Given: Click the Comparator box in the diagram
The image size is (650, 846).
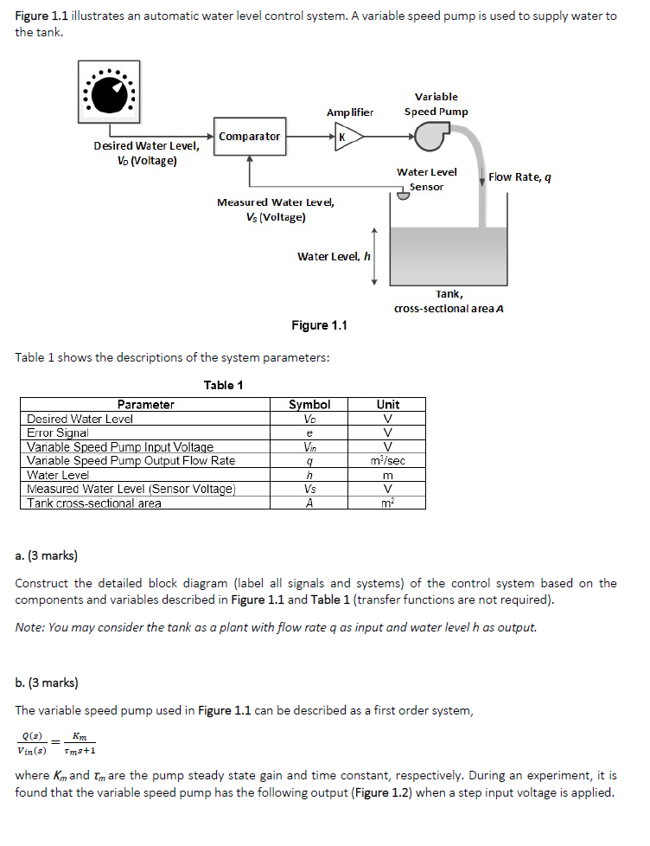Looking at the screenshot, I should [x=250, y=137].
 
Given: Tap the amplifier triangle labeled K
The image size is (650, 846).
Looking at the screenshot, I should [x=346, y=137].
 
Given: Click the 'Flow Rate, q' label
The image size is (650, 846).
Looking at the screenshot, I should [x=519, y=177].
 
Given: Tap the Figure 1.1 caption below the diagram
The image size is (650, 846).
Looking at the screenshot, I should [x=319, y=325].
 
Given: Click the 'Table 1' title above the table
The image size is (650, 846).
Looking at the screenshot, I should [x=223, y=385].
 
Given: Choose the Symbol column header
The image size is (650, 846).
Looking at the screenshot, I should [x=309, y=404].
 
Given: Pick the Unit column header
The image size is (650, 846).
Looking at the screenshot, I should [x=388, y=404].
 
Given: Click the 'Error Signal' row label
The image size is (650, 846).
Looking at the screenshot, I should [x=58, y=433].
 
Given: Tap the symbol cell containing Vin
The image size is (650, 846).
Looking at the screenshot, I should [x=309, y=447].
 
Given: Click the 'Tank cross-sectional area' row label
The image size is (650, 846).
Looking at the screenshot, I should [x=94, y=503].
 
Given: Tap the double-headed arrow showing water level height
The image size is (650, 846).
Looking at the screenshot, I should [x=374, y=256].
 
